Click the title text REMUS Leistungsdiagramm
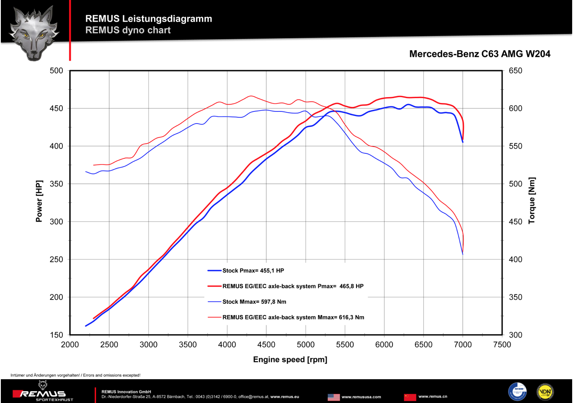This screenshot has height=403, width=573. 149,19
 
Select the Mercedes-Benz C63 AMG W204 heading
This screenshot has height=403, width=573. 480,54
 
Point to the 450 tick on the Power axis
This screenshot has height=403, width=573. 57,108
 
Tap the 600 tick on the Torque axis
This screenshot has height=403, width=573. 515,108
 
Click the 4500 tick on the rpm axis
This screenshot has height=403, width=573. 266,345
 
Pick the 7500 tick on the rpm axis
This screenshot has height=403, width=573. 502,345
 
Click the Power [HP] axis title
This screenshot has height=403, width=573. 39,201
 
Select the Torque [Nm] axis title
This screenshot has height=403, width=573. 532,200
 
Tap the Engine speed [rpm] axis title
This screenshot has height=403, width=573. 290,359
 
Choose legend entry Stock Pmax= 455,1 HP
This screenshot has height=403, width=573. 253,271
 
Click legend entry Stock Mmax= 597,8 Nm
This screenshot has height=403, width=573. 254,302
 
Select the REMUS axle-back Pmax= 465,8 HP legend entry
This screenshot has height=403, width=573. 293,286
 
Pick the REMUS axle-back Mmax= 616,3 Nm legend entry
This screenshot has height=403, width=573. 293,317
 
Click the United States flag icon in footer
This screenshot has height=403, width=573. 333,397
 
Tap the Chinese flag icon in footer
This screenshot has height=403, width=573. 410,397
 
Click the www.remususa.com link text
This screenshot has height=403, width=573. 361,397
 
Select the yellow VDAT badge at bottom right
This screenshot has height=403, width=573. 545,392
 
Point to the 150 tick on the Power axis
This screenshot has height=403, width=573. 57,335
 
